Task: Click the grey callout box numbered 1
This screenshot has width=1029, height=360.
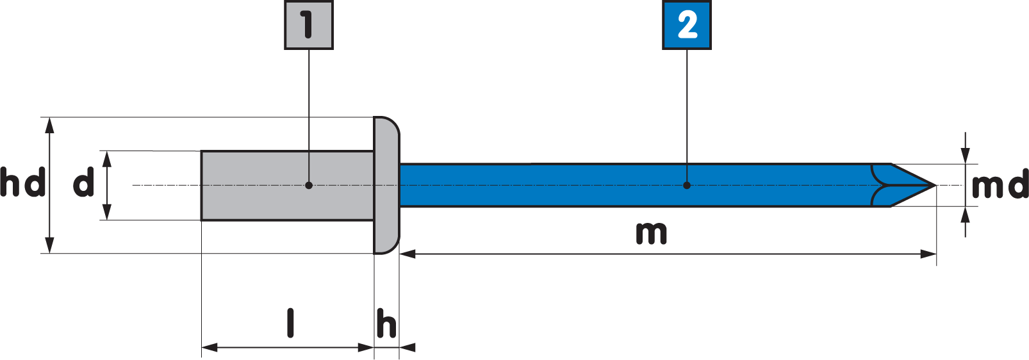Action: pos(309,25)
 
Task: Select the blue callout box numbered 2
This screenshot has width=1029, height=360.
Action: pos(687,25)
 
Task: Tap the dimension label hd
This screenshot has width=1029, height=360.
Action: pos(23,183)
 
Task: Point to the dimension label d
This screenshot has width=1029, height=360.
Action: pos(83,183)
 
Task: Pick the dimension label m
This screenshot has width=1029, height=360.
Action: pos(652,233)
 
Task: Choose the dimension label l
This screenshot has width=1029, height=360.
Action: pos(290,323)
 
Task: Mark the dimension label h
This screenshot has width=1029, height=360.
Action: pos(386,323)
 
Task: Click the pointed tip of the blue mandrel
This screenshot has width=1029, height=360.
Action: pos(935,186)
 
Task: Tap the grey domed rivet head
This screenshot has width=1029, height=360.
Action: pos(386,185)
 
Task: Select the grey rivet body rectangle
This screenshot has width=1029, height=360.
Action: pos(287,186)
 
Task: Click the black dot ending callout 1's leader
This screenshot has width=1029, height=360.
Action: pos(309,186)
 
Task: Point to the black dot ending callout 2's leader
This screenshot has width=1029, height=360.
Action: pos(687,186)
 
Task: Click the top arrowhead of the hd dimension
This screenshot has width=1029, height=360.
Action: pos(50,126)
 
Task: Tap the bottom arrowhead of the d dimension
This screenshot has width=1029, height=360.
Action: pos(106,211)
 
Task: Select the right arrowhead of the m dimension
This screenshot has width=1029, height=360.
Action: pos(928,254)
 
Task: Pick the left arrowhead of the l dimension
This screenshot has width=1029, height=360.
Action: pos(210,348)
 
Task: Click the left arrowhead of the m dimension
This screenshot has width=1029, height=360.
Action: pos(408,254)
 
